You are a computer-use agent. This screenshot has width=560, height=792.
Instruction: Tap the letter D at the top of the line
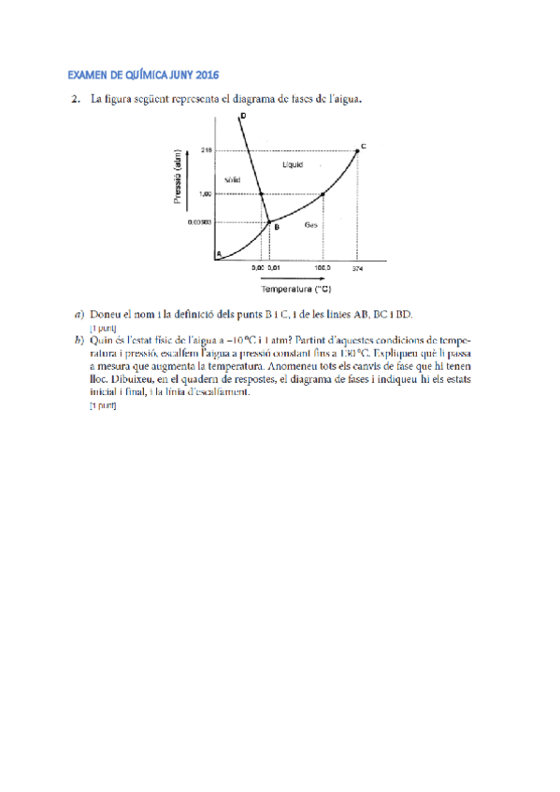click(243, 116)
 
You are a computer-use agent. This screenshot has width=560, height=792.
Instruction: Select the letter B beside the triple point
click(276, 225)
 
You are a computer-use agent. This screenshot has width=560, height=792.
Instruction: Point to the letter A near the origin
click(218, 253)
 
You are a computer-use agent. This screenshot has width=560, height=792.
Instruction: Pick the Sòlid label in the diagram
click(233, 179)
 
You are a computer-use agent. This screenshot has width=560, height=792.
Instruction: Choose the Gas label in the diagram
click(310, 225)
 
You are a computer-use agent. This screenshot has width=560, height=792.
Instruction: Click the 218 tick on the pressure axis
click(207, 149)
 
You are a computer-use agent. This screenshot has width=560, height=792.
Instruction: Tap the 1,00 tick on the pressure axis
click(206, 194)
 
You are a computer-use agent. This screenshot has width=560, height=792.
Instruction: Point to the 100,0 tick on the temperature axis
click(323, 267)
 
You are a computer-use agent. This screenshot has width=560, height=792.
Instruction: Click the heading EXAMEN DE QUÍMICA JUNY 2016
click(149, 75)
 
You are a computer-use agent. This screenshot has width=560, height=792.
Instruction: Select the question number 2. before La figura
click(73, 97)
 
